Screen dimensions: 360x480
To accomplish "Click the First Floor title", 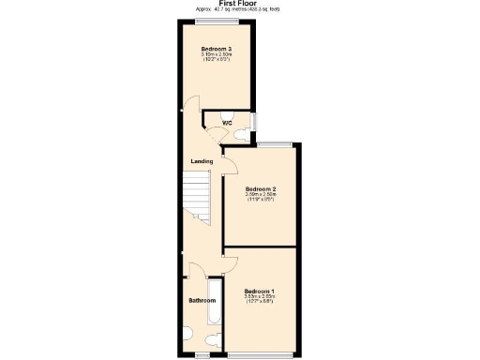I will [239, 4].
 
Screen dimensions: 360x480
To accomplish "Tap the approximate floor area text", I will [239, 10].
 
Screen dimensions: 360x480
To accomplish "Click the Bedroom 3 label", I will [217, 48].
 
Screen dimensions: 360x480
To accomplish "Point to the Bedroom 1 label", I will [259, 291].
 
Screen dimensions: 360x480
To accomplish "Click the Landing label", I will [202, 161].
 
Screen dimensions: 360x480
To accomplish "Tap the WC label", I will [228, 124].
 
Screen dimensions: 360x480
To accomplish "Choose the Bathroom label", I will [202, 301].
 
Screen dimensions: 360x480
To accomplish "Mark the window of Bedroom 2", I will [273, 144].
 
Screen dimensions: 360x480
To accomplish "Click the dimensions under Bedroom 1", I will [259, 299].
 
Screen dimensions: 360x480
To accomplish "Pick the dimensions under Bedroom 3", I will [217, 56].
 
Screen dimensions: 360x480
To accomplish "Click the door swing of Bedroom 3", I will [191, 109].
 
